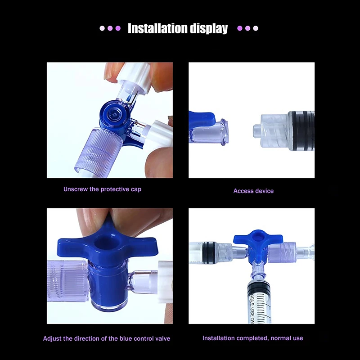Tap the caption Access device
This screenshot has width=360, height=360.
coord(253,191)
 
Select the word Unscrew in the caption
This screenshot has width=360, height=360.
coord(75,189)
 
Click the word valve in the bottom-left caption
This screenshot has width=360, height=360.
coord(162,338)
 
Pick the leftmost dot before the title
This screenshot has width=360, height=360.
coord(102,28)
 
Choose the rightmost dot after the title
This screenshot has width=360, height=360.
coord(256,28)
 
